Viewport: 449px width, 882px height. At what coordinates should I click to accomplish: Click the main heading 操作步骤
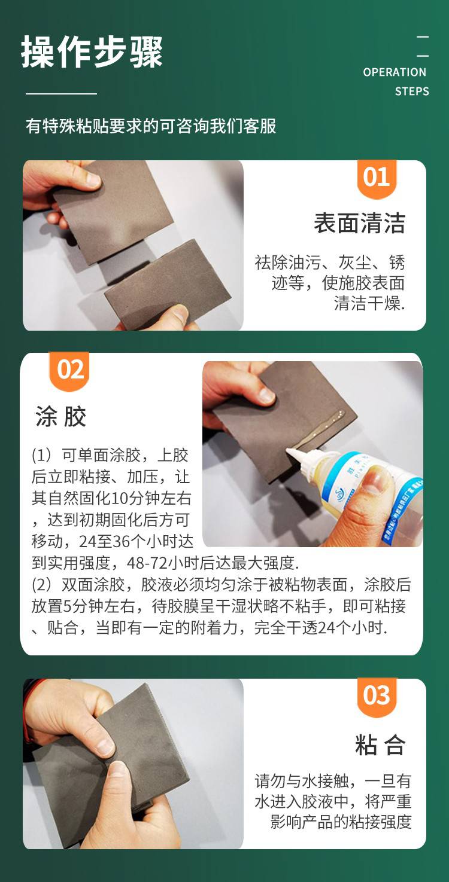[92, 51]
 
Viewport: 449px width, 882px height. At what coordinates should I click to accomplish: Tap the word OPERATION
[395, 72]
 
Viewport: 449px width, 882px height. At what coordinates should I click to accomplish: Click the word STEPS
[412, 91]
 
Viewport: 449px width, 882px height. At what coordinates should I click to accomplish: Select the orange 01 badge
[377, 179]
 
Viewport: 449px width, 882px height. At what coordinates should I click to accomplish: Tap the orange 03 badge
[377, 697]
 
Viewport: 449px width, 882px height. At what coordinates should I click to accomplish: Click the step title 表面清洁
[360, 223]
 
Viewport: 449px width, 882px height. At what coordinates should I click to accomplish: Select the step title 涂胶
[60, 416]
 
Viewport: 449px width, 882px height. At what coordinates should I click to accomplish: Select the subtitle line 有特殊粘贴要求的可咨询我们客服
[151, 126]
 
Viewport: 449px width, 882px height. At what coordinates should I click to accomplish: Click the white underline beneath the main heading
[61, 94]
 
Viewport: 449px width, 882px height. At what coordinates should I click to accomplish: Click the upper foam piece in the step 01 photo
[114, 210]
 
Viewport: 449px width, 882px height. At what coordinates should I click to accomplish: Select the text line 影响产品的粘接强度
[341, 822]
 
